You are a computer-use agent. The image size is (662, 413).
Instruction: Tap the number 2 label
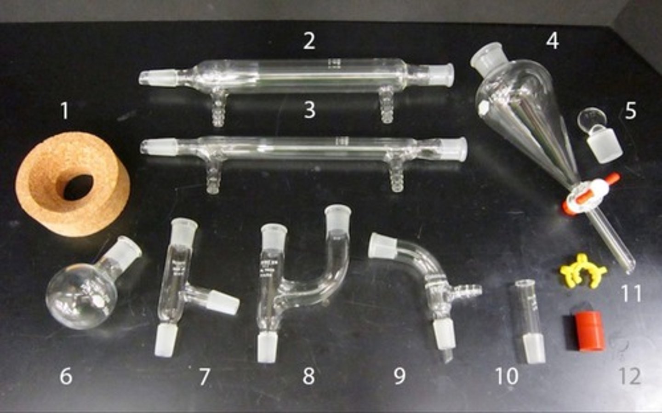[309, 41]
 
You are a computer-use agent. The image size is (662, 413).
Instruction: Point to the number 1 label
[65, 110]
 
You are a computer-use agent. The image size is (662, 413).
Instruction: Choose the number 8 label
[308, 376]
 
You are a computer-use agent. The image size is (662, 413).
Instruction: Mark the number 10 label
[507, 376]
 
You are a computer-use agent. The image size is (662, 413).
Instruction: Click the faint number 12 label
[630, 376]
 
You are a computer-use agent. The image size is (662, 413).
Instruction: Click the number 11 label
[631, 293]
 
